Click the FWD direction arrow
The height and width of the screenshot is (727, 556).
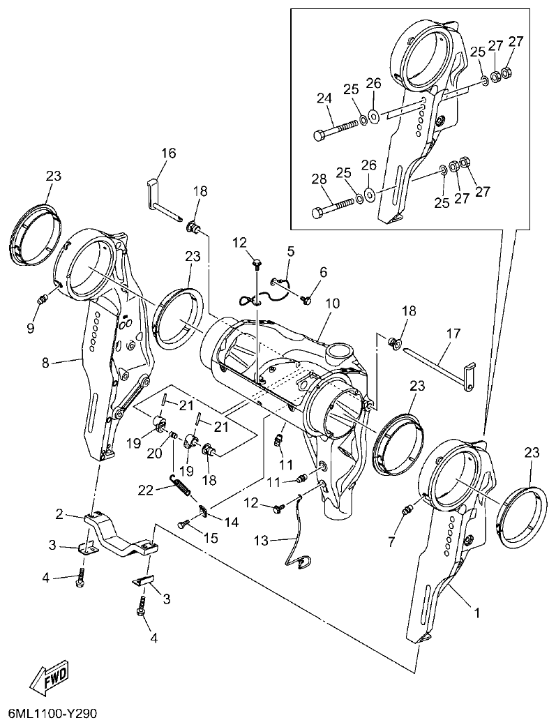(x=48, y=676)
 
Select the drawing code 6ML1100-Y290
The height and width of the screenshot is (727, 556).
(x=52, y=714)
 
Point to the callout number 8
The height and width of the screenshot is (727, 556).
(x=46, y=362)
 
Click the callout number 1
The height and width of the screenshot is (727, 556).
(x=476, y=614)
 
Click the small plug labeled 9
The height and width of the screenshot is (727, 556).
(x=42, y=299)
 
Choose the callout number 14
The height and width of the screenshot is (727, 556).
(x=230, y=520)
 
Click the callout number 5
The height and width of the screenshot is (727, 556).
(x=290, y=249)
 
